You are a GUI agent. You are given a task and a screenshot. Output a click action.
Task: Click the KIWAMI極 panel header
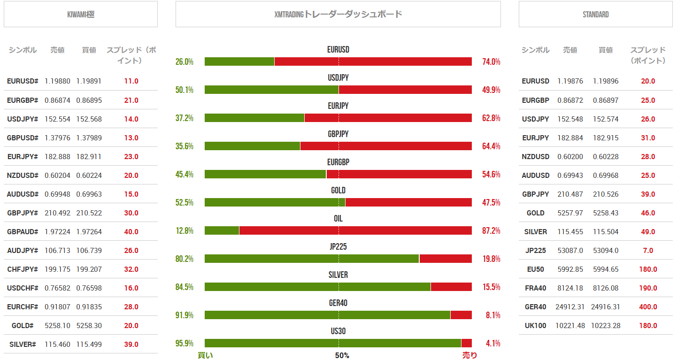[80, 15]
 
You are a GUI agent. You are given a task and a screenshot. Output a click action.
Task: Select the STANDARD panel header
[595, 15]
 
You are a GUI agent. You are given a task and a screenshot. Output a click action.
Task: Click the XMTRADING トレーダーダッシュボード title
[338, 15]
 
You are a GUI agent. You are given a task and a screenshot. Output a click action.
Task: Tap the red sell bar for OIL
[355, 230]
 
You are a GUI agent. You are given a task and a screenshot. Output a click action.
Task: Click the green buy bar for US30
[333, 343]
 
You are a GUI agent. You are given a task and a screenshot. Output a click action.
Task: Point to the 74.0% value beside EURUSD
[491, 61]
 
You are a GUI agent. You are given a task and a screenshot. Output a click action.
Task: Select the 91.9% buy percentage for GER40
[185, 315]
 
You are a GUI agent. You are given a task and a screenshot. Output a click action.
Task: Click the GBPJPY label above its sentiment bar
[338, 134]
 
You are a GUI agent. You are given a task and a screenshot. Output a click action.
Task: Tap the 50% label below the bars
[342, 355]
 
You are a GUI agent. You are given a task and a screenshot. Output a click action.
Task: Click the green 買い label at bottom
[205, 355]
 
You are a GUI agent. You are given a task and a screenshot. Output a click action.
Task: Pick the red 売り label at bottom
[469, 355]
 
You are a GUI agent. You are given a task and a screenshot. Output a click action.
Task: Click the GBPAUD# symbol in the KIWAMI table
[22, 231]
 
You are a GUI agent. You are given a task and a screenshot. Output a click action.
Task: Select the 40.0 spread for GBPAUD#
[131, 231]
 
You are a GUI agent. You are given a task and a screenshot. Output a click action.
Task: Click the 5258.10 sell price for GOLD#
[57, 325]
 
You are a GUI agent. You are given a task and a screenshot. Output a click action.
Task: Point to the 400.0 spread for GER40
[648, 306]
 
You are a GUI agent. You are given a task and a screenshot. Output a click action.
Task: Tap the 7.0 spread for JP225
[648, 250]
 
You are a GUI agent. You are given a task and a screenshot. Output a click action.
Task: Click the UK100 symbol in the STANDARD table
[535, 325]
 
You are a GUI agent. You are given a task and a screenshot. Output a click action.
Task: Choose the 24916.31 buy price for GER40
[606, 306]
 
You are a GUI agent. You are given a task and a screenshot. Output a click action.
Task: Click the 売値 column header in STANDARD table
[570, 50]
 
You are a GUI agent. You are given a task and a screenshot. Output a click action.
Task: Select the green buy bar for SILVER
[317, 287]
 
